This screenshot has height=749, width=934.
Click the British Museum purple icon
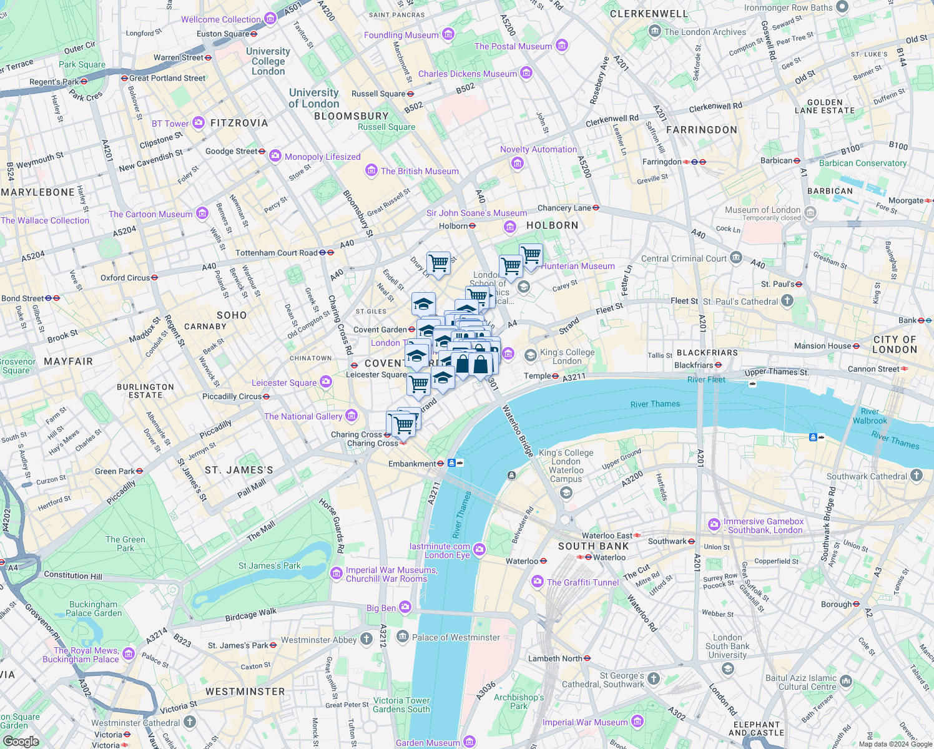coord(371,171)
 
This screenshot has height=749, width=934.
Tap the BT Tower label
coord(170,124)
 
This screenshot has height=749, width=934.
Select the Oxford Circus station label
coord(125,278)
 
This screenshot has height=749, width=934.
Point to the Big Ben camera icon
coord(405,607)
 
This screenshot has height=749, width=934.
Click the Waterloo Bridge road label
coord(518,431)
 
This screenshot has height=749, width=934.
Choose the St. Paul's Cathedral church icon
coord(787,301)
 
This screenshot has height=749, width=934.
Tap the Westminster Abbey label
coord(318,640)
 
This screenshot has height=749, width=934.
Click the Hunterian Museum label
coord(578,266)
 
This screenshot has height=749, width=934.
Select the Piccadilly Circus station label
coord(232,396)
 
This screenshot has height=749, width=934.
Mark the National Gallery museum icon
coord(351,416)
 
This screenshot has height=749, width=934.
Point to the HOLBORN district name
coord(552,225)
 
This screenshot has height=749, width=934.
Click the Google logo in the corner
coord(21,741)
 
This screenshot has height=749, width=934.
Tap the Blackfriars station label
coord(694,365)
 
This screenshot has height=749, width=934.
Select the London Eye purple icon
coord(479,549)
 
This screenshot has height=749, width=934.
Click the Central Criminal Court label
coord(684,258)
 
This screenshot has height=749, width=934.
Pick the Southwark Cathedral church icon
coord(917,476)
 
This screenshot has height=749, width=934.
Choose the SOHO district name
coord(232,315)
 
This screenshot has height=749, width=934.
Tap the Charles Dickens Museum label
coord(467,74)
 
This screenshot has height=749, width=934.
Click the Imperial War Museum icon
coord(637,722)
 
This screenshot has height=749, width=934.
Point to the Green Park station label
coord(115,471)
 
